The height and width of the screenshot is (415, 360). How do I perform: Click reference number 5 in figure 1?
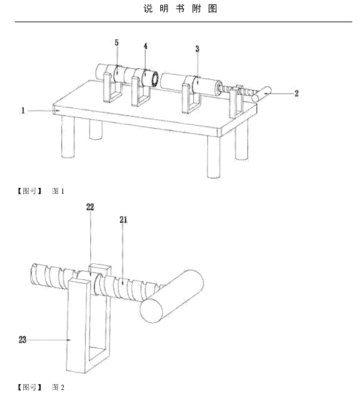pos(117,42)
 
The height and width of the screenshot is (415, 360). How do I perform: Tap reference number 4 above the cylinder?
pos(146,46)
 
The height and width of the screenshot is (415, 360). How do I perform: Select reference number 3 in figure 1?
pos(197,49)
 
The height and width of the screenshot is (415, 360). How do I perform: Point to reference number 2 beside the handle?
pos(296,93)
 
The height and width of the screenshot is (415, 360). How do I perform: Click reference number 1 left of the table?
pos(23,111)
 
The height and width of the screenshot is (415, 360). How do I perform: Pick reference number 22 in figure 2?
pos(90,207)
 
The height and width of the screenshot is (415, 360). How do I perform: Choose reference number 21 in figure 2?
pos(123,219)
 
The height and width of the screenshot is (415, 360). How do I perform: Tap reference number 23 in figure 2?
pos(23,340)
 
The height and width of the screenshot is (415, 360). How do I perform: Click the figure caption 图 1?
pos(58,191)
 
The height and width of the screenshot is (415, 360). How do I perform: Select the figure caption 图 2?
pos(58,387)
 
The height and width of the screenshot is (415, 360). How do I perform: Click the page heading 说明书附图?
pos(180,8)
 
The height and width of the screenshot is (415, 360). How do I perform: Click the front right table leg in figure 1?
pos(214,157)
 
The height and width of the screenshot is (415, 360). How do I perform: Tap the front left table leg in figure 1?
pos(68,137)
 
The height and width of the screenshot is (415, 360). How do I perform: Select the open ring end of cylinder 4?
pos(155,78)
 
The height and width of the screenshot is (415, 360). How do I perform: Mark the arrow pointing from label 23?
pos(49,340)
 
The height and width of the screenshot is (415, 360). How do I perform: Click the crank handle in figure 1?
pos(261,94)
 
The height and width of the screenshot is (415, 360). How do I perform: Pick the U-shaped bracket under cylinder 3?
pos(191,95)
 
